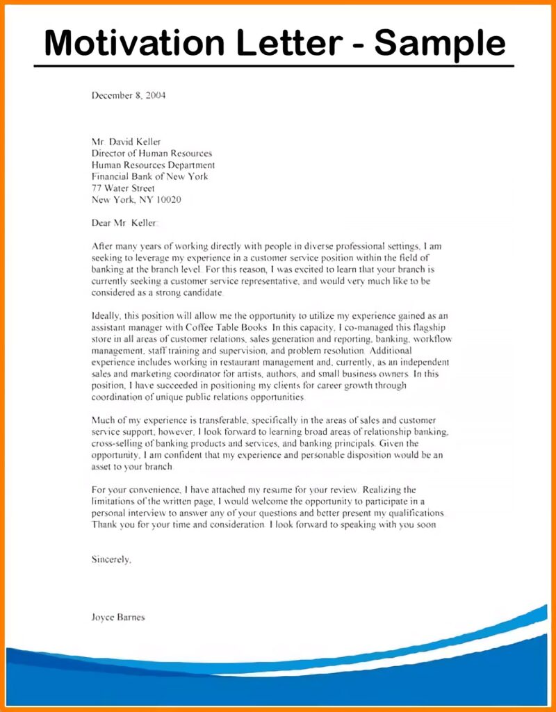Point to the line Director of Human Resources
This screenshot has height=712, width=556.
(x=152, y=154)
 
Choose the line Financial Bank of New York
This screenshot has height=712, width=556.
(x=149, y=176)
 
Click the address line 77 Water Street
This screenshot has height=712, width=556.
(x=123, y=188)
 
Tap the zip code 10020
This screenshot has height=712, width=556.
(x=167, y=200)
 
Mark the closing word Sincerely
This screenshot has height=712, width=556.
(x=111, y=558)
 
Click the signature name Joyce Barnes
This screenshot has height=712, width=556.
(x=118, y=617)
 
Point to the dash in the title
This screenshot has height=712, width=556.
(x=355, y=43)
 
